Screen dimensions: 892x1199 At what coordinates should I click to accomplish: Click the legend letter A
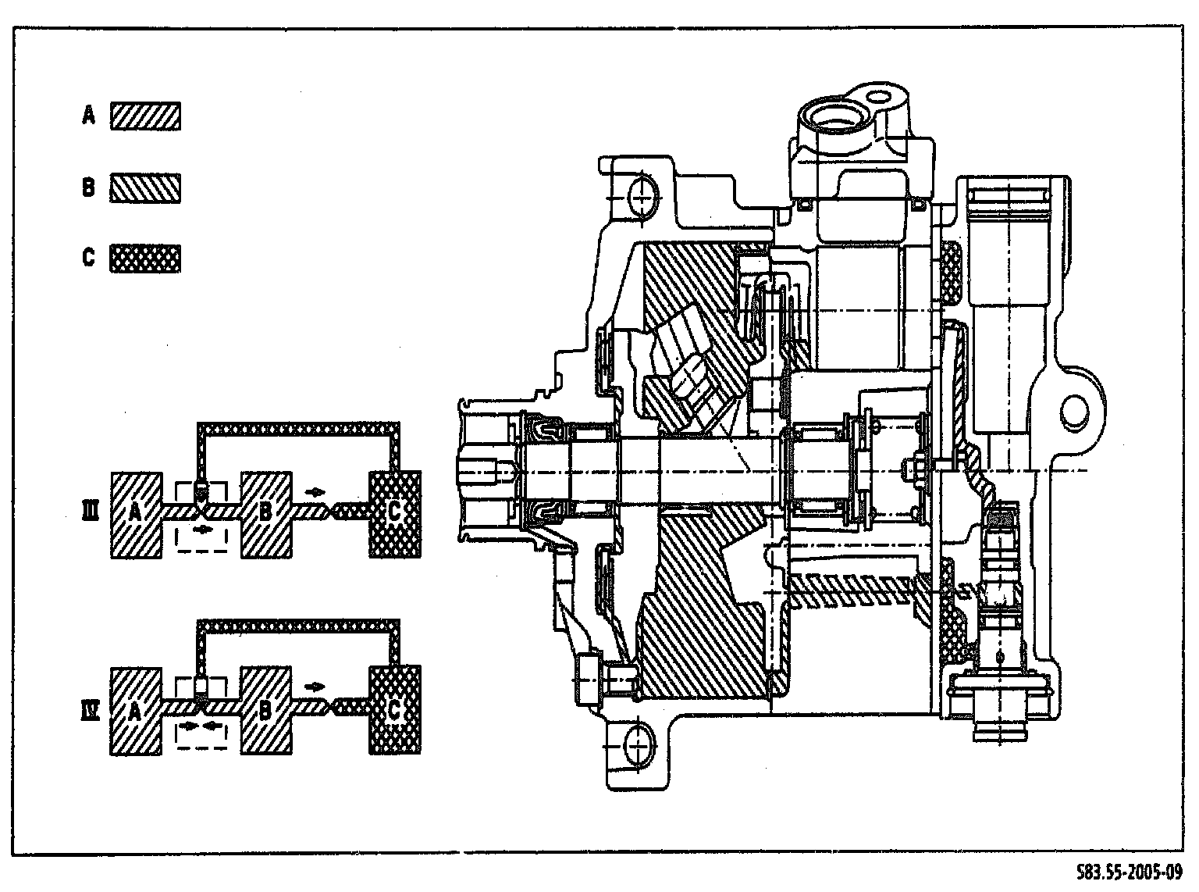(89, 116)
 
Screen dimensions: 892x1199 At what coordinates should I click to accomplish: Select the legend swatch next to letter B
(146, 187)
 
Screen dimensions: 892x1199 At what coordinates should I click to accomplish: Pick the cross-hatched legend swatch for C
(146, 258)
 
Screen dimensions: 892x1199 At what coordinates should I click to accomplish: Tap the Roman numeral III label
(90, 512)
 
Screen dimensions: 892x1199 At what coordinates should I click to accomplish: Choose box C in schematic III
(394, 514)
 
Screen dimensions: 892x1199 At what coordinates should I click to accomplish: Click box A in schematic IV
(137, 710)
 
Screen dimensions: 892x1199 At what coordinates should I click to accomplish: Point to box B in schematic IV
(266, 710)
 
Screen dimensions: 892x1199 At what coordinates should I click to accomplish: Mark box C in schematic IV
(394, 710)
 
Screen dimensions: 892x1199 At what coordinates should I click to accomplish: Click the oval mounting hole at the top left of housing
(640, 197)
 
